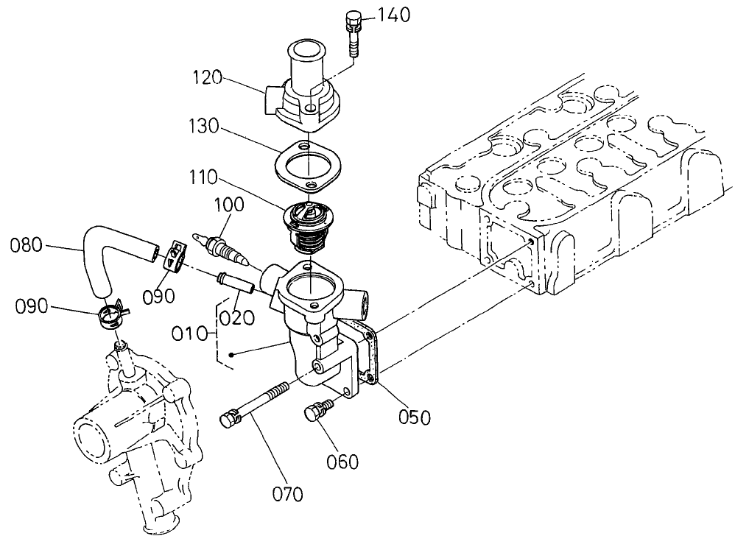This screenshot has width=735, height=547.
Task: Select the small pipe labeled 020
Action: [x=234, y=283]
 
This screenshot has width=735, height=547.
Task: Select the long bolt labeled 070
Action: [x=258, y=403]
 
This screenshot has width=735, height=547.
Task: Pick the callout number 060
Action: [x=342, y=462]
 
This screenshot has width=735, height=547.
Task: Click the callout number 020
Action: [x=237, y=317]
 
